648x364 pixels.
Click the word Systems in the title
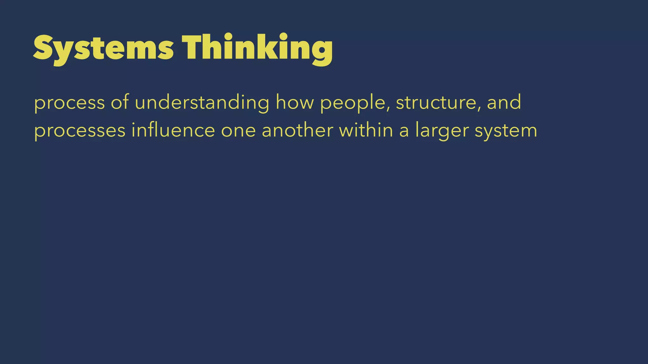pyautogui.click(x=103, y=48)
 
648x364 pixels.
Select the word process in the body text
pyautogui.click(x=69, y=103)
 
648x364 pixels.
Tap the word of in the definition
pyautogui.click(x=120, y=102)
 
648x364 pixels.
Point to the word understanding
pyautogui.click(x=202, y=103)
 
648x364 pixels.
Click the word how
pyautogui.click(x=294, y=102)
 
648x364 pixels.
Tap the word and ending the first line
pyautogui.click(x=504, y=102)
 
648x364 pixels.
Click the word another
pyautogui.click(x=297, y=130)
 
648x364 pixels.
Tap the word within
pyautogui.click(x=366, y=130)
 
